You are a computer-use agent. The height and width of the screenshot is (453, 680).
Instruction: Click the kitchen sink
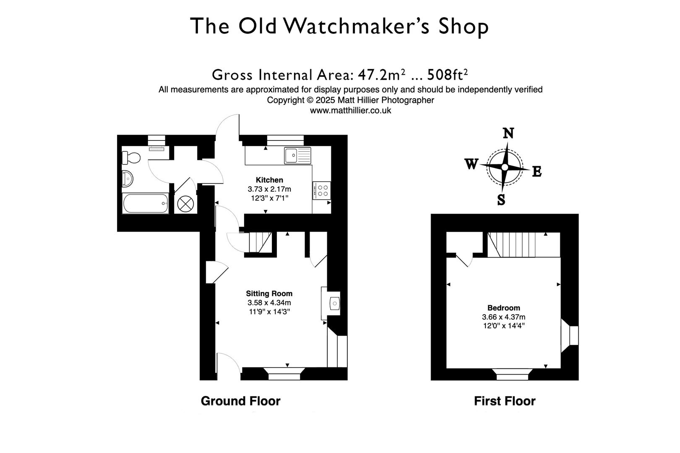(297, 155)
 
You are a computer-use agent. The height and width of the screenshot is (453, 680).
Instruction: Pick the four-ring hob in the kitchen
(322, 190)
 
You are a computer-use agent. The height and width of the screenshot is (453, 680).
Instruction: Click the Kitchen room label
(269, 180)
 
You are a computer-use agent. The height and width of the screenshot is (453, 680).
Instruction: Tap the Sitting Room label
(269, 294)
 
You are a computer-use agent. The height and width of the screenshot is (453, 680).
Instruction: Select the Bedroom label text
(503, 308)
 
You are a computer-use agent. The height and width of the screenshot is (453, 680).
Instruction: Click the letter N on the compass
(508, 133)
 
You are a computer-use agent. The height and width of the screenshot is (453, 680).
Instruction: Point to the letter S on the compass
(501, 200)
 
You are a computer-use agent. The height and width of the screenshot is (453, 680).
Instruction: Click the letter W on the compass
(471, 164)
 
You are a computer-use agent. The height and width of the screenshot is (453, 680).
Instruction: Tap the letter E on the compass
(537, 172)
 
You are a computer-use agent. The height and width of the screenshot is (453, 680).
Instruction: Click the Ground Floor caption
(240, 401)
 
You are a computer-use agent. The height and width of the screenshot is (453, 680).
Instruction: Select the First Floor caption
(505, 401)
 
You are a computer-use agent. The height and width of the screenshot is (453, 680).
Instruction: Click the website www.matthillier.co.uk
(350, 110)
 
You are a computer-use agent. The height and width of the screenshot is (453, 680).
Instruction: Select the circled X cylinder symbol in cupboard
(184, 204)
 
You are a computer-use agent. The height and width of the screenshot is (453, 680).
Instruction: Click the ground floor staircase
(260, 242)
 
